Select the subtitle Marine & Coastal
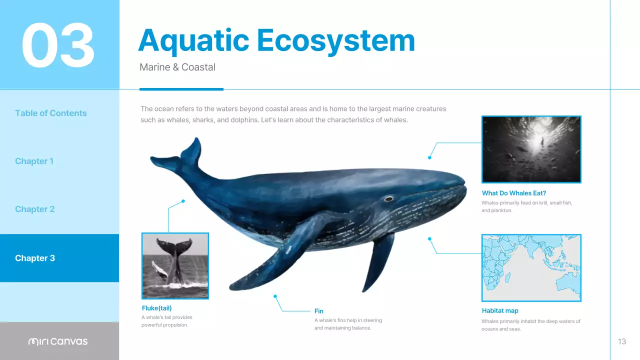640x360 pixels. click(x=177, y=67)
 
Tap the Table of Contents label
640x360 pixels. click(x=51, y=113)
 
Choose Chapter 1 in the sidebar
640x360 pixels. click(x=34, y=161)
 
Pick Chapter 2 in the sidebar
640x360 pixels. click(x=34, y=209)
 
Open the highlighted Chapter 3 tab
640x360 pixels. click(x=35, y=258)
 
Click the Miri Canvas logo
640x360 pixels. click(x=58, y=341)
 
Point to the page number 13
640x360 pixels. click(x=621, y=341)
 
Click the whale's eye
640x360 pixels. click(x=388, y=199)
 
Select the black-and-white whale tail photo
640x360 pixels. click(x=175, y=265)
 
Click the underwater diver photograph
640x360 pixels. click(x=531, y=149)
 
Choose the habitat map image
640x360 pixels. click(x=531, y=267)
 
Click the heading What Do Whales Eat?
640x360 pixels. click(x=514, y=193)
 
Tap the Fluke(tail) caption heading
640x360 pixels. click(x=157, y=308)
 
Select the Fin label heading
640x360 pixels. click(x=319, y=311)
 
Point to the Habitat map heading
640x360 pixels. click(x=500, y=310)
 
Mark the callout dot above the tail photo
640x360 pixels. click(x=183, y=201)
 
